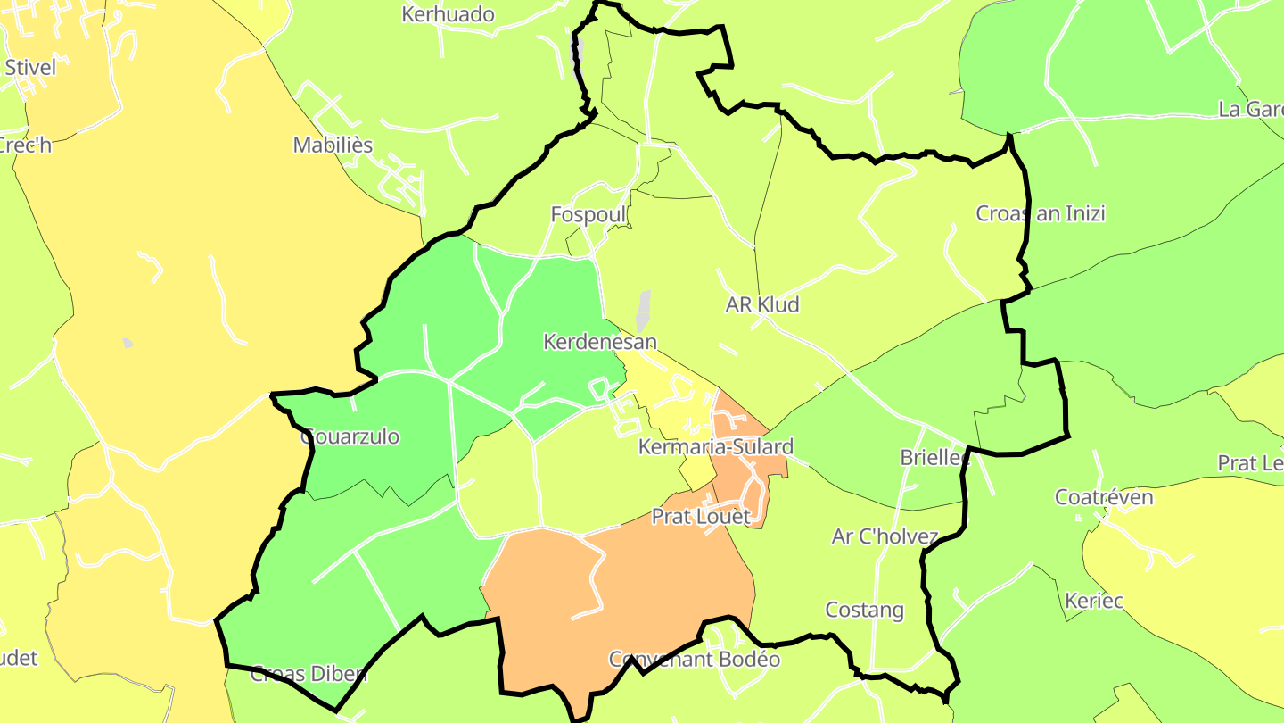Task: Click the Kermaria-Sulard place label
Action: (715, 446)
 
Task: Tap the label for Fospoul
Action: (588, 215)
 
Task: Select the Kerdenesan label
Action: (600, 342)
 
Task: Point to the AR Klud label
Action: (762, 304)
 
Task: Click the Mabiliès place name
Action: (333, 145)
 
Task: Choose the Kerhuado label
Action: (448, 14)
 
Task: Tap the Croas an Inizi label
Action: (1041, 213)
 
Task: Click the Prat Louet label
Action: (701, 516)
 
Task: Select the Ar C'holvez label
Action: (885, 536)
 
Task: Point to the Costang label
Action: (864, 611)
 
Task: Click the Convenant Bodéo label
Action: (694, 660)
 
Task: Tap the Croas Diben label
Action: (309, 674)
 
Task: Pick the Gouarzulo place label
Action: (350, 437)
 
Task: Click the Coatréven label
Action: (1104, 497)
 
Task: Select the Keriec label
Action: (1094, 600)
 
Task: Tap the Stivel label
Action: (30, 67)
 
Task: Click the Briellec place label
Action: (934, 458)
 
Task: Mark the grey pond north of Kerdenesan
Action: (643, 310)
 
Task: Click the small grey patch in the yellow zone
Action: (128, 343)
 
